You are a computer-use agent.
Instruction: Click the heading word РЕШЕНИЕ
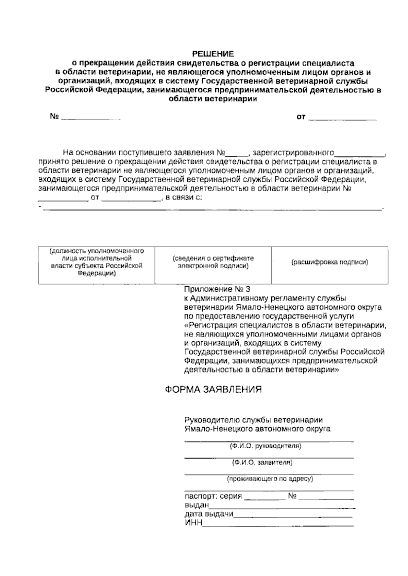[213, 54]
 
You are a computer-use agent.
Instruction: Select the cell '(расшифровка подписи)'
[330, 262]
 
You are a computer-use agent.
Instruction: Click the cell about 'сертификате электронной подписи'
[213, 262]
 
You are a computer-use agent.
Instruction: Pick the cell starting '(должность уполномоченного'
[96, 262]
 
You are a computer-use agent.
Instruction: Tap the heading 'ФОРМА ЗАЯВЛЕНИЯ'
[213, 389]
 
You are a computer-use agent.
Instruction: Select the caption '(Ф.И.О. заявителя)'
[262, 463]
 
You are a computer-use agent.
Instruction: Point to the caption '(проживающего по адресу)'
[270, 479]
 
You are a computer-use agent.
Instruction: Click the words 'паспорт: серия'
[213, 496]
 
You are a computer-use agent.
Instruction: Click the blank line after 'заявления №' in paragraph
[238, 154]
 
